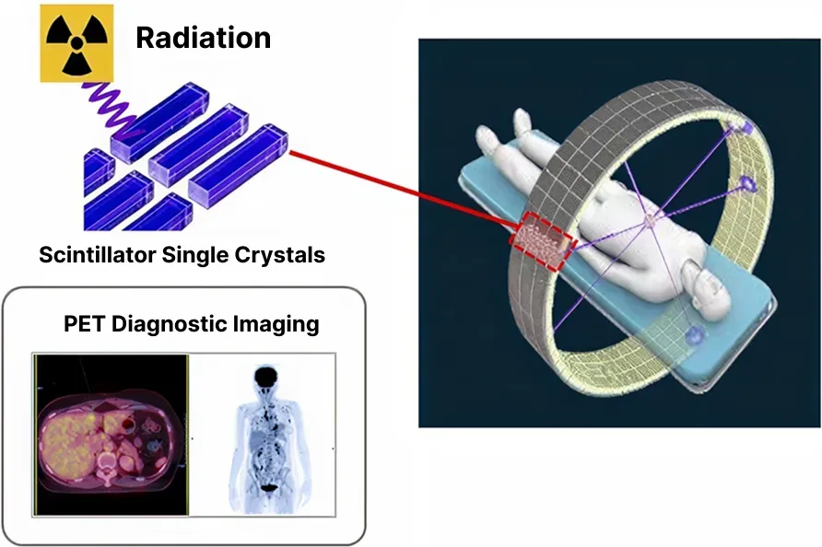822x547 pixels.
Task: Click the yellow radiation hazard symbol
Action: point(76,43)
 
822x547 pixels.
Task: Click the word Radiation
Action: point(204,39)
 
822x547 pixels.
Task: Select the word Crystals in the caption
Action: point(280,256)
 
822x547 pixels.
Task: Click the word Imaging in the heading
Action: point(276,324)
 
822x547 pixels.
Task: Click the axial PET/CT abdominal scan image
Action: point(112,435)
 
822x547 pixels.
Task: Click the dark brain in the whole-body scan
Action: point(267,378)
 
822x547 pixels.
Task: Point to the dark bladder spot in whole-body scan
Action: point(268,488)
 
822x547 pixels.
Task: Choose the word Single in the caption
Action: point(195,256)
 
